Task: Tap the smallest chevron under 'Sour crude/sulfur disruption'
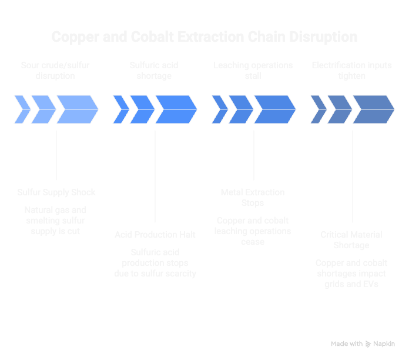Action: coord(22,109)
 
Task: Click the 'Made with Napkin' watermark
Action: coord(363,344)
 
